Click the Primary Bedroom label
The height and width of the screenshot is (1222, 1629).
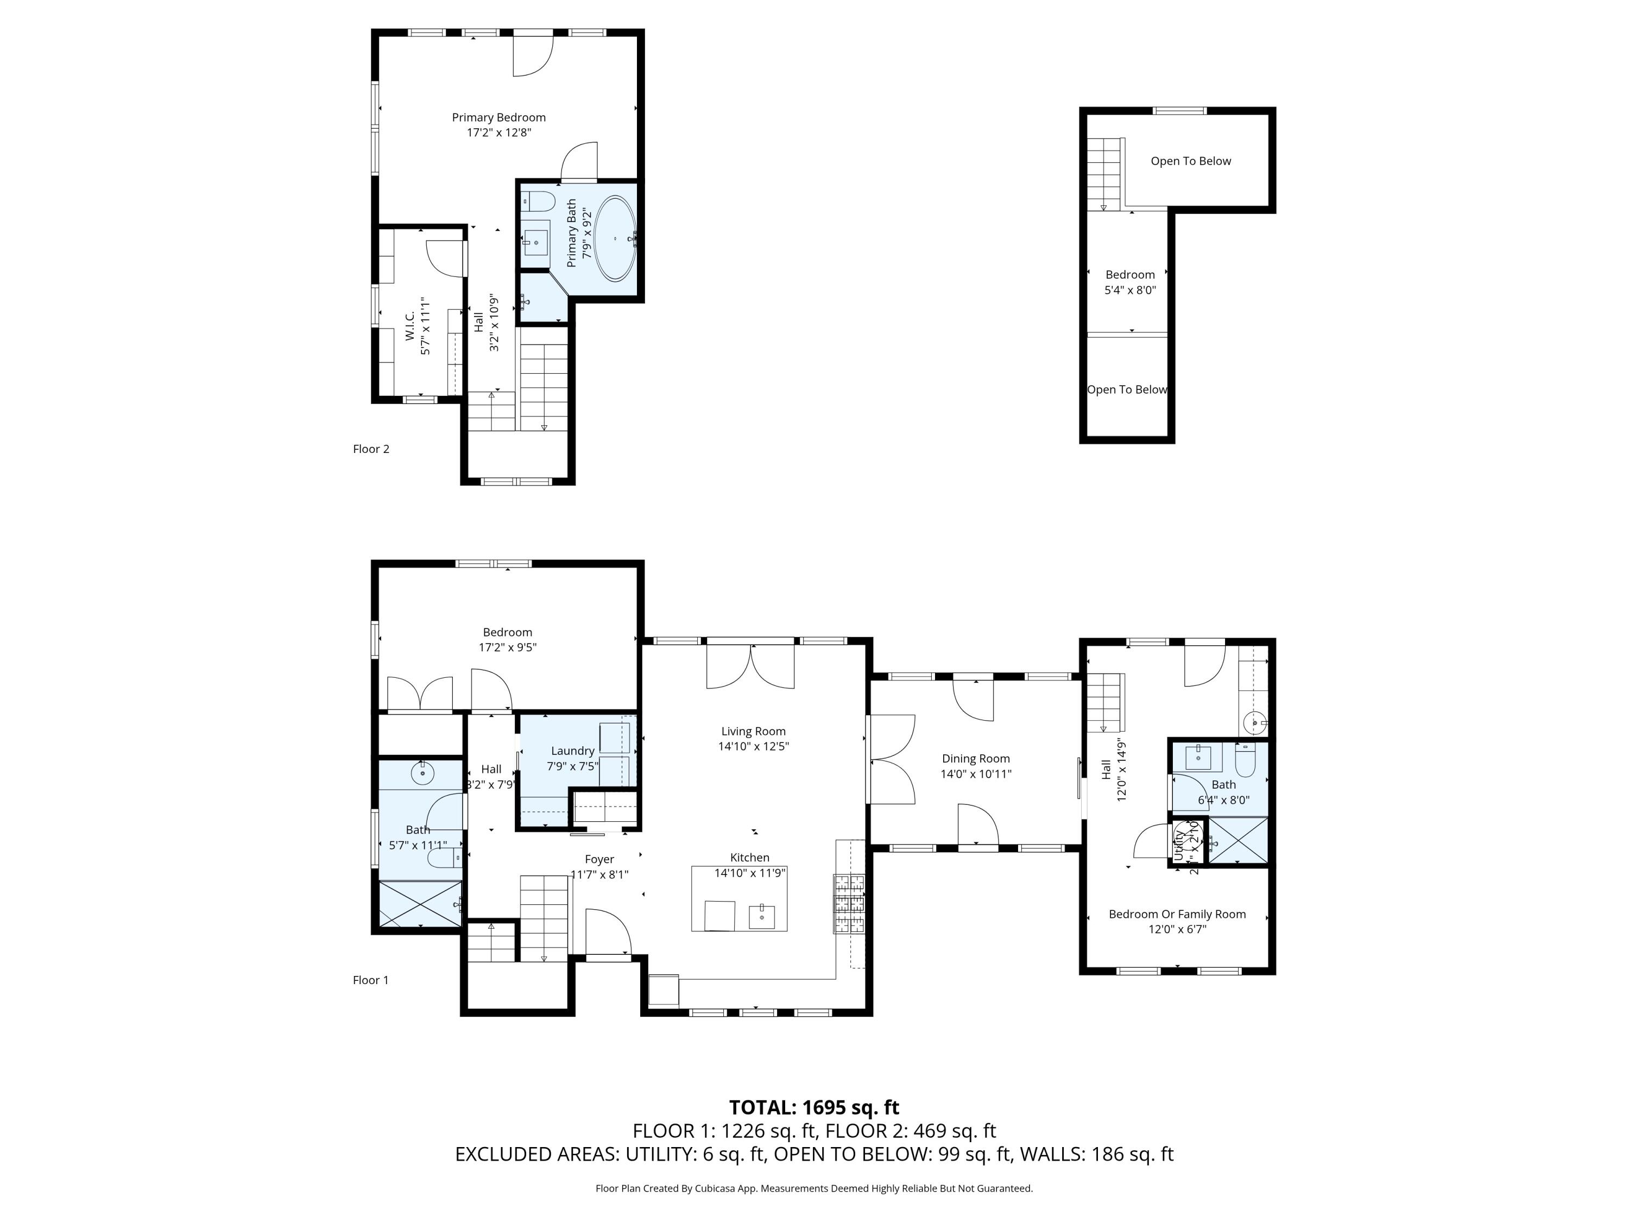[498, 117]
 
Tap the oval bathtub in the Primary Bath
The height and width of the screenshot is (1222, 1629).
[615, 238]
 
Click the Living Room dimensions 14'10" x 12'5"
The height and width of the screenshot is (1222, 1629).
[753, 746]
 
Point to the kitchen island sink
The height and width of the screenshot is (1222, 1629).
[761, 916]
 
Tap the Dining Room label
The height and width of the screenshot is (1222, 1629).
[975, 759]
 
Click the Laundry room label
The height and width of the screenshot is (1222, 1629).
[572, 751]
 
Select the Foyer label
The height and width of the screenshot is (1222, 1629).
[599, 859]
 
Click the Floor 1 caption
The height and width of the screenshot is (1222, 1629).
[370, 980]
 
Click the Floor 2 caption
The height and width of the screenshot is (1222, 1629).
[370, 449]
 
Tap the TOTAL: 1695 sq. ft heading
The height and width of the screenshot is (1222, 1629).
[814, 1107]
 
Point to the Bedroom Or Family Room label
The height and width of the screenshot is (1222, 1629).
[1177, 914]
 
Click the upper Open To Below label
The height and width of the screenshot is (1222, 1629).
[1190, 161]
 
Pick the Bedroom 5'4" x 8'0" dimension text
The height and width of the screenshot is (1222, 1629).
[1129, 290]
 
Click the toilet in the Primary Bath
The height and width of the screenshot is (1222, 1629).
[538, 200]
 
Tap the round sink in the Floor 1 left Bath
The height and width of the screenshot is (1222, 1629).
[422, 773]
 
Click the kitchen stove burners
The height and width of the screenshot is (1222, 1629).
[848, 904]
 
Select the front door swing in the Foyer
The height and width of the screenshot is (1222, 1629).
[608, 932]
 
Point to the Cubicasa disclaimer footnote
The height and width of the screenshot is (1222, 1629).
[814, 1188]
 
